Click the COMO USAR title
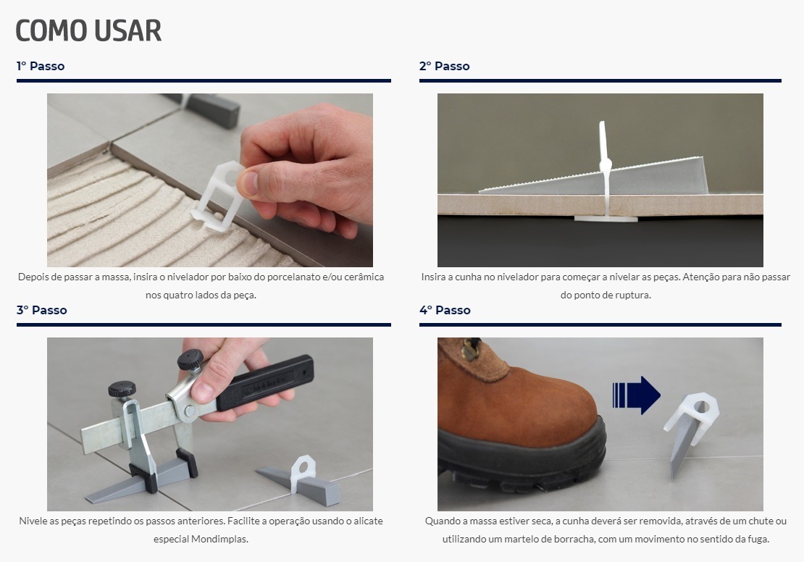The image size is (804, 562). click(x=88, y=30)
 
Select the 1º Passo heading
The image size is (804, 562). click(x=41, y=66)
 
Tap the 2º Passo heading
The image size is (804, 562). click(x=445, y=66)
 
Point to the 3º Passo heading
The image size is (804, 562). click(x=41, y=310)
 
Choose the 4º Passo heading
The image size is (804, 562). click(x=445, y=310)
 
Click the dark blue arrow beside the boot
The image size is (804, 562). click(x=637, y=395)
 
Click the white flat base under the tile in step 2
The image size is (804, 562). click(x=606, y=219)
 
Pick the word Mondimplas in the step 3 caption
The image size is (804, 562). click(x=219, y=539)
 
